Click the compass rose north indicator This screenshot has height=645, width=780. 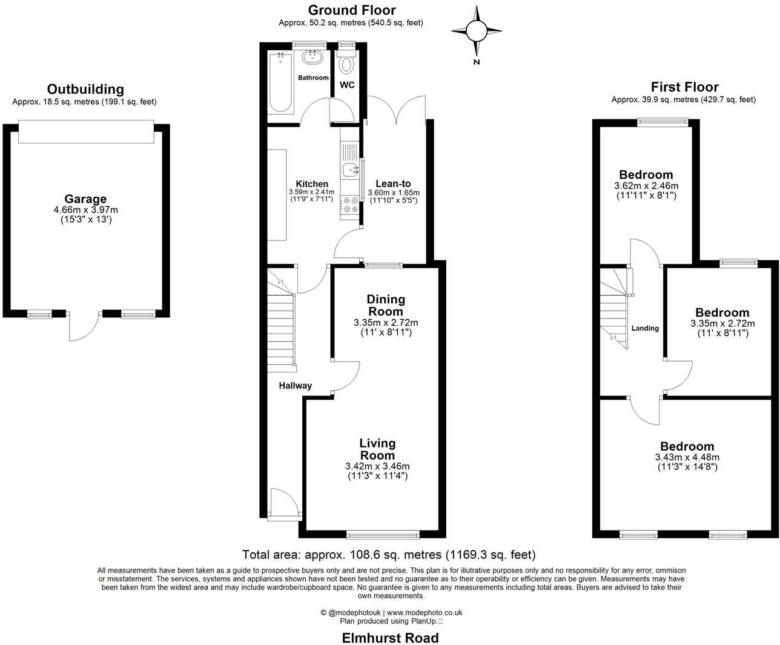(477, 30)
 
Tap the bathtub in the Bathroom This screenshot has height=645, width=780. (280, 82)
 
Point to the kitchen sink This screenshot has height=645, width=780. (350, 170)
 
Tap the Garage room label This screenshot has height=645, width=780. (85, 199)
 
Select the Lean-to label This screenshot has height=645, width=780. (393, 184)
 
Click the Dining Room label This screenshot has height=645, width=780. (386, 305)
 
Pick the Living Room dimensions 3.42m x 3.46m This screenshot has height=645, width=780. (377, 466)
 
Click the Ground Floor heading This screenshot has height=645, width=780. (351, 10)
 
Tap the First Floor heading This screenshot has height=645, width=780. (684, 87)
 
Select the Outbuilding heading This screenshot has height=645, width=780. (85, 90)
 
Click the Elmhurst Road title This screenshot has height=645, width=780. (390, 637)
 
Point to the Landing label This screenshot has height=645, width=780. (645, 328)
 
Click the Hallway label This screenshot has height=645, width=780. (295, 386)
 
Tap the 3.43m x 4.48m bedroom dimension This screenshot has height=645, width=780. (687, 457)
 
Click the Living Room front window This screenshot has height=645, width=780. (383, 534)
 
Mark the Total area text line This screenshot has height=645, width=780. (389, 554)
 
